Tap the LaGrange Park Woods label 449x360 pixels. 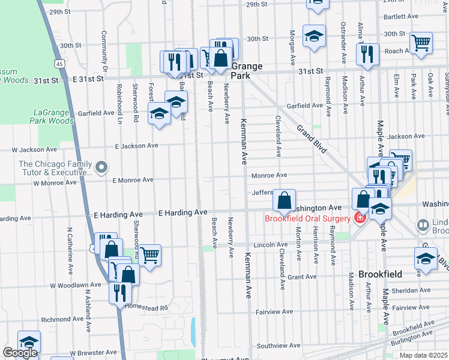(53, 116)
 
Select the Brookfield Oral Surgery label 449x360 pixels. (307, 218)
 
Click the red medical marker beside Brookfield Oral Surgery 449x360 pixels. (360, 218)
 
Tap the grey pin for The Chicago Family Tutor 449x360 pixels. (101, 167)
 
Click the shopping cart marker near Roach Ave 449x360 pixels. (421, 42)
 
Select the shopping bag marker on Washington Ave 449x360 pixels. (284, 200)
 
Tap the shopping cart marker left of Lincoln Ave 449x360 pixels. (149, 255)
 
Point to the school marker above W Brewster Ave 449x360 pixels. (28, 341)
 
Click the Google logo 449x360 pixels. (20, 353)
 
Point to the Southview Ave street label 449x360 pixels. (278, 346)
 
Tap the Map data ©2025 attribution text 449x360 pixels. (423, 355)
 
